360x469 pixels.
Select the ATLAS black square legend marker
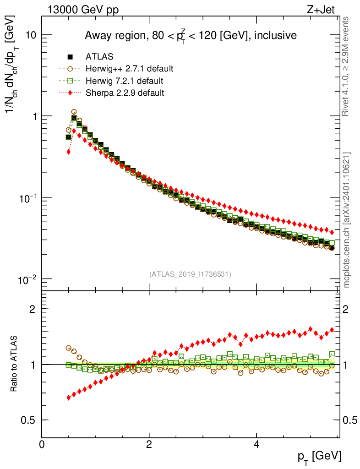pos(70,57)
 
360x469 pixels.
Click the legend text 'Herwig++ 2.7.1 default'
pos(129,69)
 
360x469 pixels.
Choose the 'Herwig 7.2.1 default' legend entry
pos(124,81)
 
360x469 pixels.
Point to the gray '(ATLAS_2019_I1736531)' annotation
pos(190,274)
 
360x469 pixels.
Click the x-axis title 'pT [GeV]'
pos(319,456)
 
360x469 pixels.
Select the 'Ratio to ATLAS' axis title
pos(14,364)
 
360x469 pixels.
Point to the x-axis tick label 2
pos(149,444)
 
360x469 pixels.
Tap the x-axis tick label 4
pos(256,444)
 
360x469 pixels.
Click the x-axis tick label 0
pos(42,444)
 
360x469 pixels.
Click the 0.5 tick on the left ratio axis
pos(30,420)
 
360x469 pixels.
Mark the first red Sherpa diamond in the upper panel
pos(69,152)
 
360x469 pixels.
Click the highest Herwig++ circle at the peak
pos(74,112)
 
